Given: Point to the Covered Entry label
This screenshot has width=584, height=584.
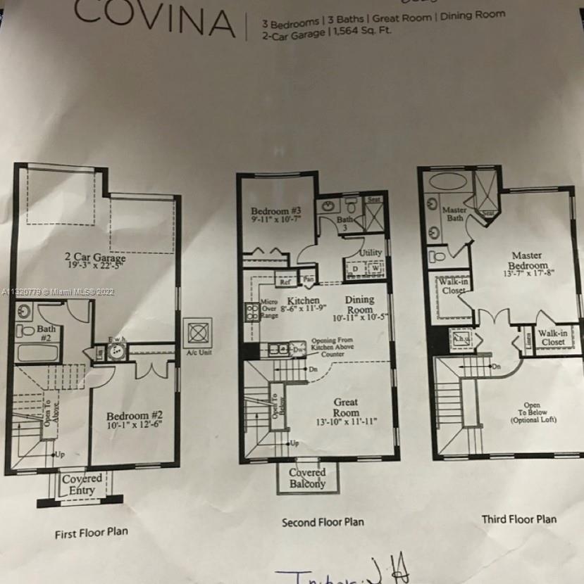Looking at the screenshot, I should (82, 484).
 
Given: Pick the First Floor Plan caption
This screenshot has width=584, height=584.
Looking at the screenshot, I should (92, 533).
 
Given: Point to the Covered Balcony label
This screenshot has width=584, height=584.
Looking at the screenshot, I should (307, 478).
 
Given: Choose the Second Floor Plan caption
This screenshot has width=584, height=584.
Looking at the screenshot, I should (323, 522).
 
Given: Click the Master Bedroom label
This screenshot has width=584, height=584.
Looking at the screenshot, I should (527, 260).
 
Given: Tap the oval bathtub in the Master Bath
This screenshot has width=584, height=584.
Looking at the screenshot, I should (447, 180).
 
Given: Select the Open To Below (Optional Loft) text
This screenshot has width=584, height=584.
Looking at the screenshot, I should (533, 412).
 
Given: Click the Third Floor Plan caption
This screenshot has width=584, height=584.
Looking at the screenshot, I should (518, 519).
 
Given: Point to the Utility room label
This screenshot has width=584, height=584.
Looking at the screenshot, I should (371, 253).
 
